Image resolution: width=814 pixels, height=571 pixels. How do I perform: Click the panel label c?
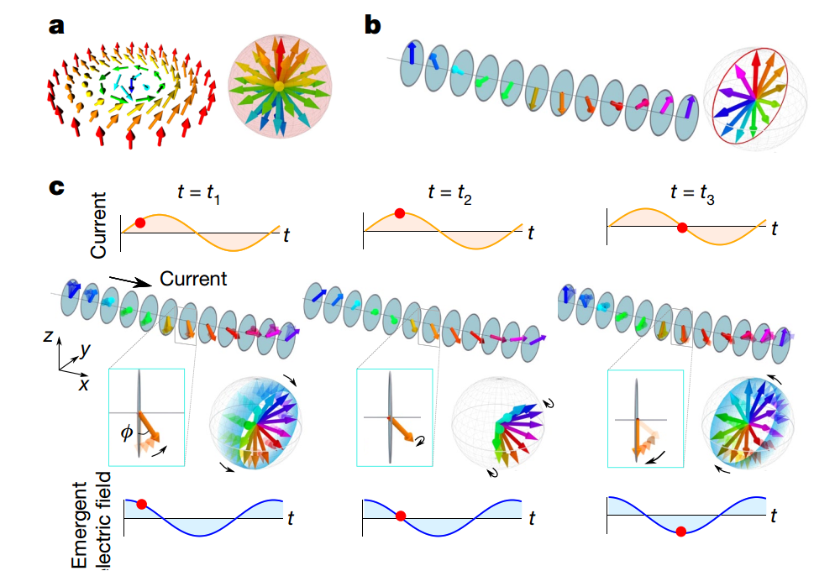tap(57, 188)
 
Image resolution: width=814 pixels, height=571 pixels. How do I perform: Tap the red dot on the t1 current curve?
tap(140, 223)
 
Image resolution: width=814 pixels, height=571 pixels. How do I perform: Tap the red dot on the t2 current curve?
tap(399, 215)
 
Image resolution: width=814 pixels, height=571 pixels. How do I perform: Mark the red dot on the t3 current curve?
tap(683, 227)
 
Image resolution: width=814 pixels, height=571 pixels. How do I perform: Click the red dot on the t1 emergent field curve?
tap(142, 504)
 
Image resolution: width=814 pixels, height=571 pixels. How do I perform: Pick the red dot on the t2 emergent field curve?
tap(401, 516)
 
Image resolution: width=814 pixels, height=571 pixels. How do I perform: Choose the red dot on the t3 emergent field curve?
tap(681, 531)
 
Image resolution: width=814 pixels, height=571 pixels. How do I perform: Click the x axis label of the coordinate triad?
tap(84, 384)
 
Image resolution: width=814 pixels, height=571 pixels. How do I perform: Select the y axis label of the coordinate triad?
tap(86, 348)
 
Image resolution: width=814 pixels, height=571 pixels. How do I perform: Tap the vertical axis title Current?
tap(99, 224)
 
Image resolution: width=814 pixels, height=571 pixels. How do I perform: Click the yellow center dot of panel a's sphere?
tap(278, 86)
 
